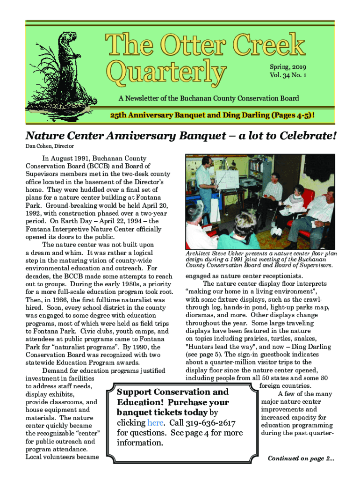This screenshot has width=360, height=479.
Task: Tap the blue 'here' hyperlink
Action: click(155, 423)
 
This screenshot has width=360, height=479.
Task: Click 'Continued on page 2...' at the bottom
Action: click(301, 458)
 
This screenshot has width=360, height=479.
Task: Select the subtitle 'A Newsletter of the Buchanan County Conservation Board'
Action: click(209, 99)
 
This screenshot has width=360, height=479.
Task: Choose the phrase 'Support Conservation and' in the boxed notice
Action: click(173, 392)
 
